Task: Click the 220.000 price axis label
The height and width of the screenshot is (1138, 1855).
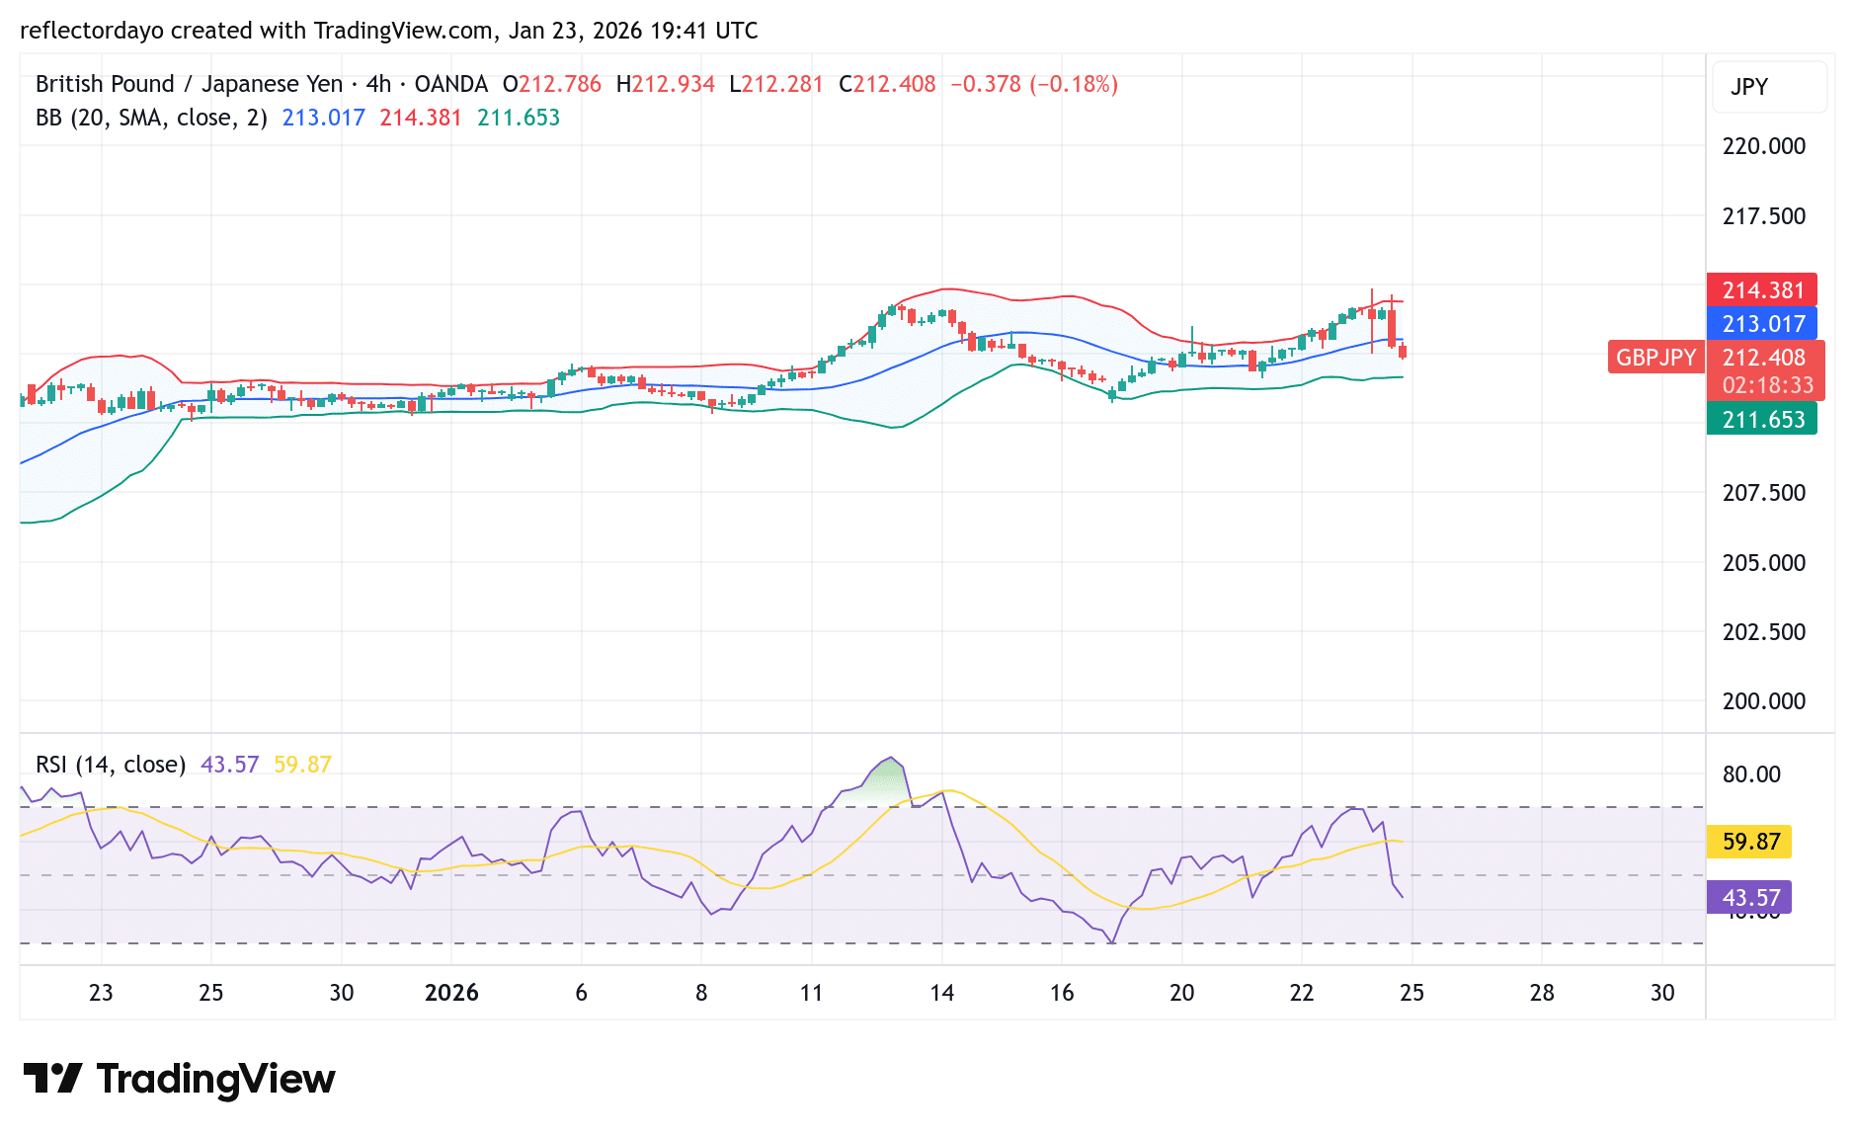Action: pos(1763,146)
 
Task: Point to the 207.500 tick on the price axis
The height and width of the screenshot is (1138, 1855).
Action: pos(1763,493)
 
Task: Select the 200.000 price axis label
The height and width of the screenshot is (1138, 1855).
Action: pos(1763,701)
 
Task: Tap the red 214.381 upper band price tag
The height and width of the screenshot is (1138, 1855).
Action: pos(1762,290)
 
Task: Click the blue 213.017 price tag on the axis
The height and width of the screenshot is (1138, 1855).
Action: pos(1762,324)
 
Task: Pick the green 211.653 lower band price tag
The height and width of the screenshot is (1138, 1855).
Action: pos(1762,420)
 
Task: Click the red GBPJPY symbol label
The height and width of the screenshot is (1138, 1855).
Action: pos(1655,358)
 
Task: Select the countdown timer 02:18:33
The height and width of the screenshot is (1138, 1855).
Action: pos(1767,385)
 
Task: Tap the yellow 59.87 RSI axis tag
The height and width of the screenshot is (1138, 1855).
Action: pos(1749,842)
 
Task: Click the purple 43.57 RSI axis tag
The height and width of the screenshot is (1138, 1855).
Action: pos(1749,898)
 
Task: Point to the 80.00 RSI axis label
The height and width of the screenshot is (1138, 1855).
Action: pos(1751,774)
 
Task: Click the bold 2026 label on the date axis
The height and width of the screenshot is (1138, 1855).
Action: pos(451,993)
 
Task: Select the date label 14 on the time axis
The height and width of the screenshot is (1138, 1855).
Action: pos(941,993)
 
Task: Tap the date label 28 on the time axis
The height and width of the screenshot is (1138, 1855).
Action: pos(1542,993)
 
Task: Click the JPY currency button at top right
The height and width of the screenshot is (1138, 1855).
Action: pos(1749,87)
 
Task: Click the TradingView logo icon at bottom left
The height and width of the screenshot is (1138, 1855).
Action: pos(52,1079)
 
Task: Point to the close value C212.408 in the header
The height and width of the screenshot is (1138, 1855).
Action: pos(887,84)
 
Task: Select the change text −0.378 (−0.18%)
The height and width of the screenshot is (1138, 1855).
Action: pos(1034,84)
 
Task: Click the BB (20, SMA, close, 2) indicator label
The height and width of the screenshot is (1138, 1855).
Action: pos(151,118)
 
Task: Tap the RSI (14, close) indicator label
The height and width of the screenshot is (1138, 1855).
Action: pos(111,765)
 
